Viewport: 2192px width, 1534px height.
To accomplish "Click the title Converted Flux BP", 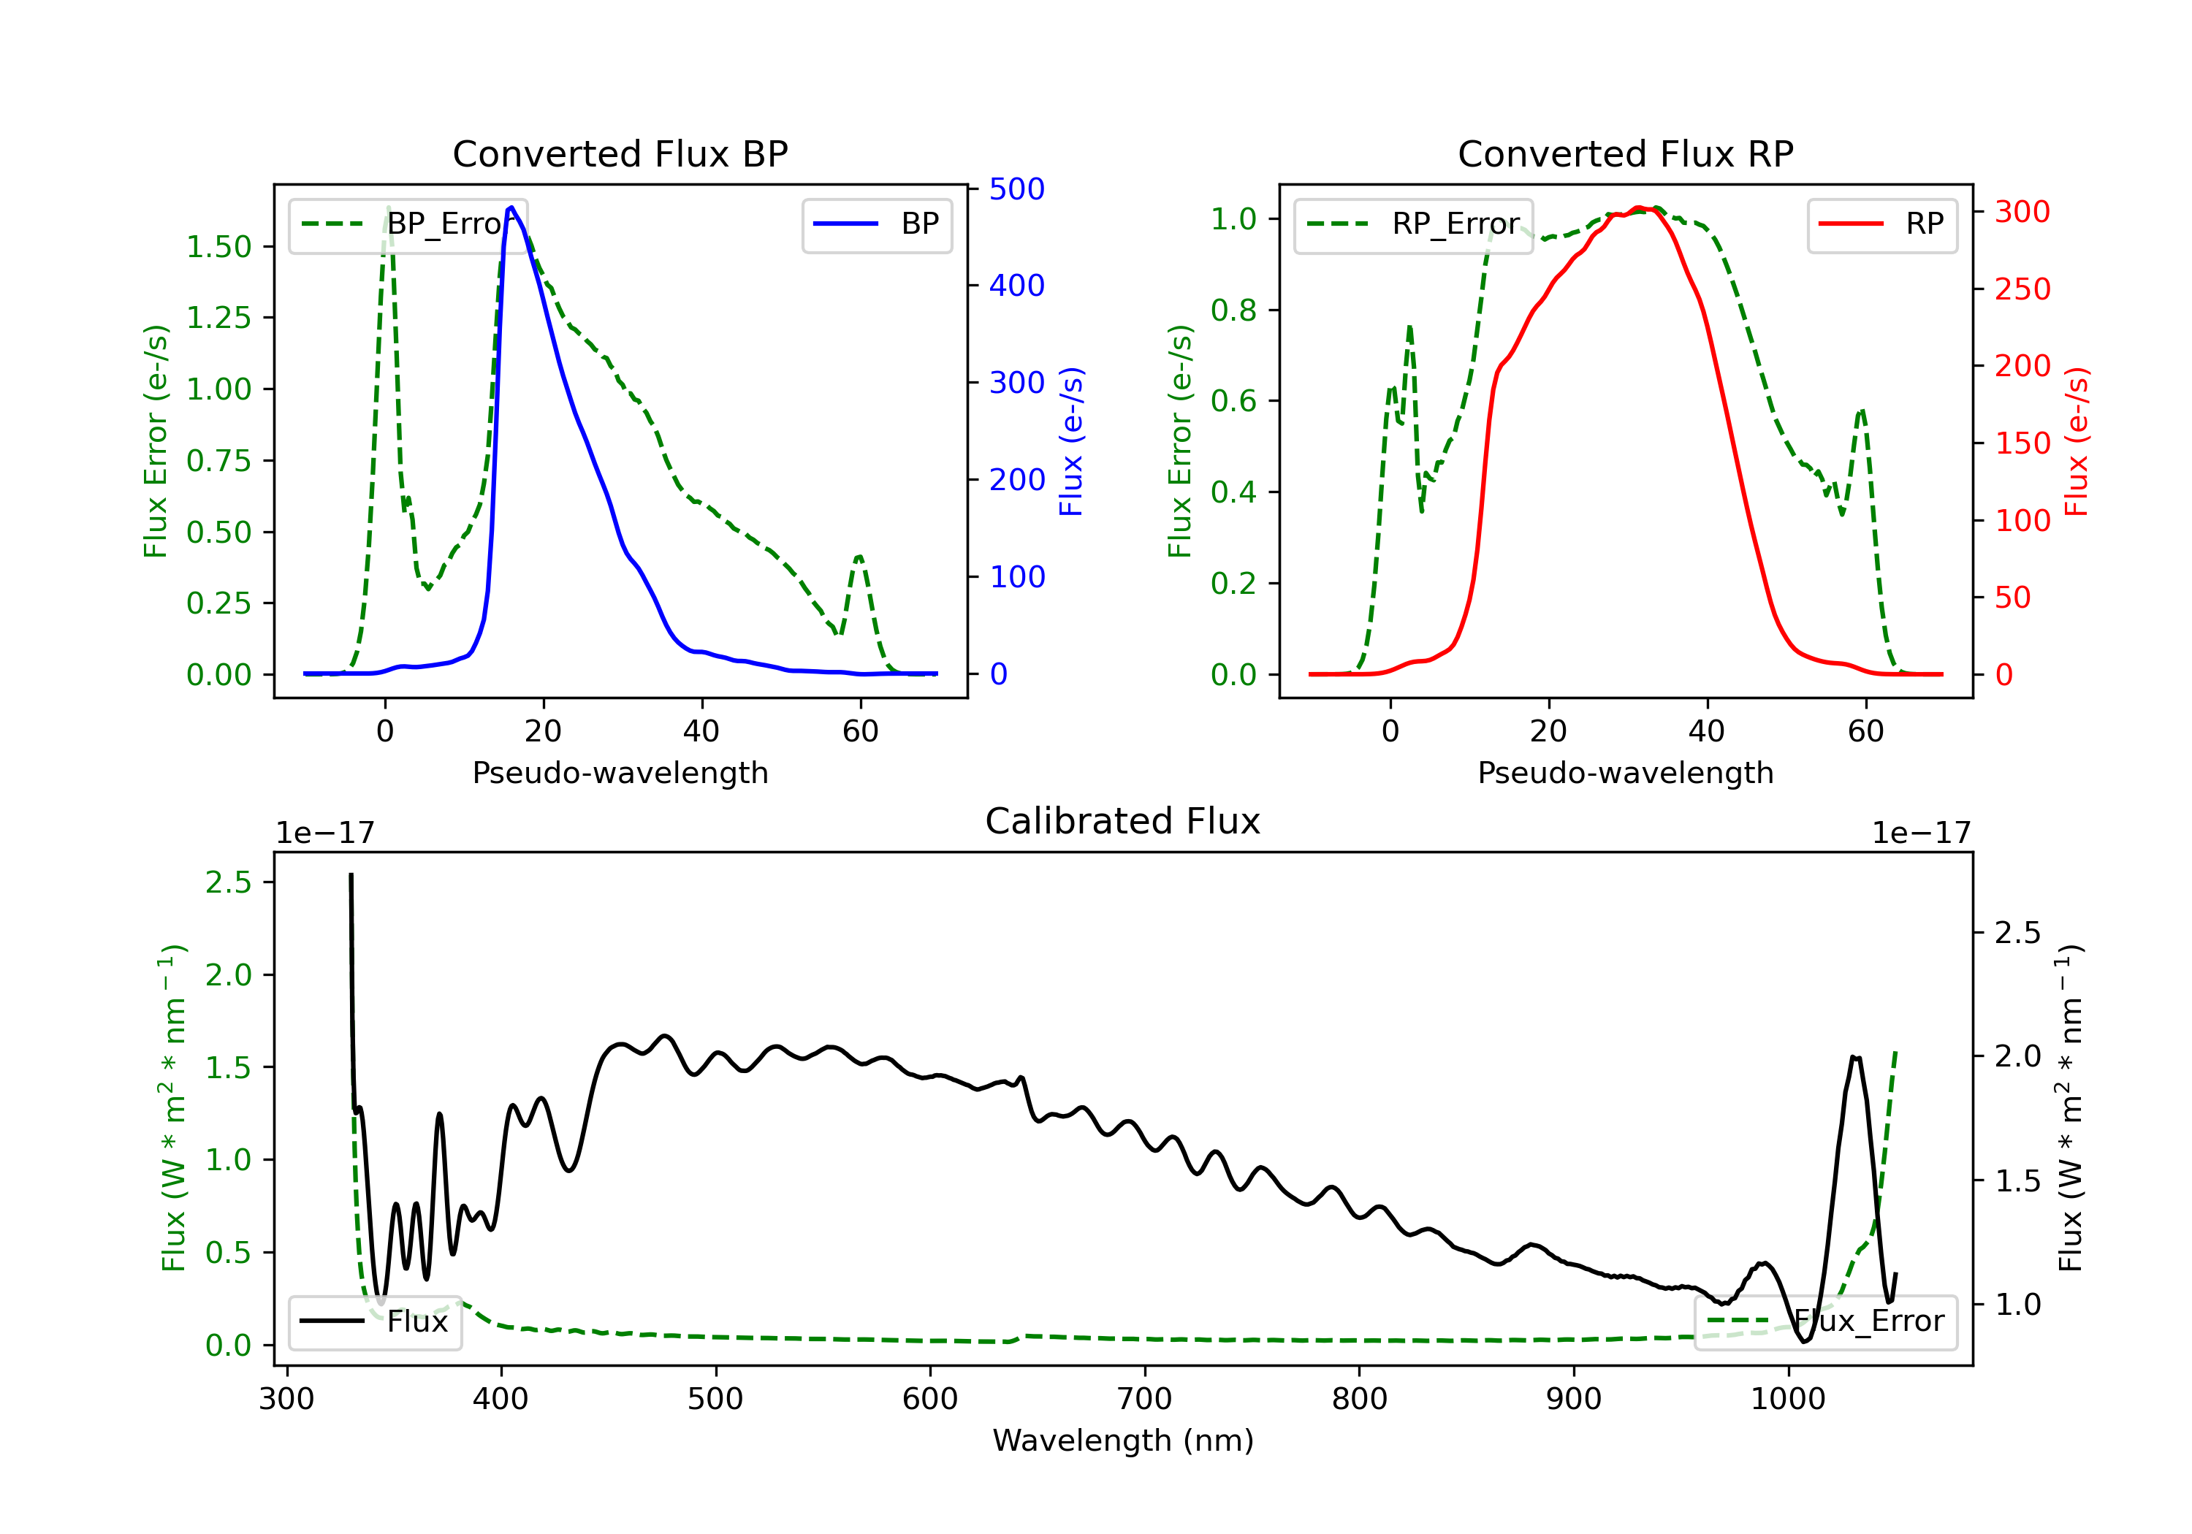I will tap(620, 153).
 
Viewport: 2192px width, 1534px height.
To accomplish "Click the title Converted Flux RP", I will tap(1625, 153).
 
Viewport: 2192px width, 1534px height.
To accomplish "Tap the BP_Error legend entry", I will tap(408, 224).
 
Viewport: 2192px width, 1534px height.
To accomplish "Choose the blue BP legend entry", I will tap(876, 224).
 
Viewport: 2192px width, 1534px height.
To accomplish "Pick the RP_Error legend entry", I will tap(1413, 224).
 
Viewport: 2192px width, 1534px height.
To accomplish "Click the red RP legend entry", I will tap(1881, 224).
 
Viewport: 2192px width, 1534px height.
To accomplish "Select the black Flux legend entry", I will tap(376, 1321).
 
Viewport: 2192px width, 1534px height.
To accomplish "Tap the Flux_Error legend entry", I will tap(1824, 1321).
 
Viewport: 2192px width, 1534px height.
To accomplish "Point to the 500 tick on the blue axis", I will tap(1017, 189).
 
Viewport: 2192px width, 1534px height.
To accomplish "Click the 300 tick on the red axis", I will tap(2022, 212).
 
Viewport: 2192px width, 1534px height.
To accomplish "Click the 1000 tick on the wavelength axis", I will tap(1787, 1400).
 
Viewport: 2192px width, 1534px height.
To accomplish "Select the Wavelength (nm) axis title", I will tap(1123, 1440).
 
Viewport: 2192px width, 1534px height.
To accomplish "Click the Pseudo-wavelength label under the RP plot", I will tap(1625, 773).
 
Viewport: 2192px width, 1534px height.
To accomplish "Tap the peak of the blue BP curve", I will tap(511, 207).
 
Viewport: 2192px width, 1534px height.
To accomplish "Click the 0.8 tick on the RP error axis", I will tap(1233, 310).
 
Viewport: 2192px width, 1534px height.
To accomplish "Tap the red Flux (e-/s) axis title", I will tap(2077, 441).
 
